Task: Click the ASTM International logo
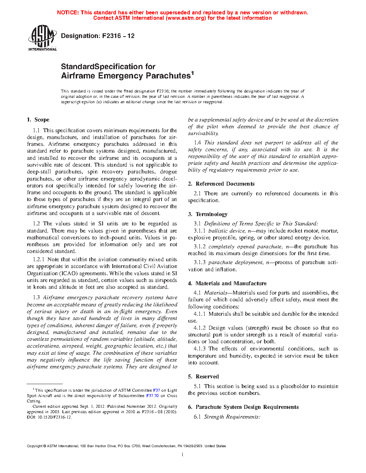click(42, 38)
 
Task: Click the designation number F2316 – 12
click(118, 36)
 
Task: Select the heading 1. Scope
click(38, 120)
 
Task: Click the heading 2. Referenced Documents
click(221, 184)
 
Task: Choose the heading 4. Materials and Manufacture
click(227, 283)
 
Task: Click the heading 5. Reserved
click(203, 377)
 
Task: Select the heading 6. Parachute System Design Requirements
click(243, 407)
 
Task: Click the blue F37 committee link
click(156, 390)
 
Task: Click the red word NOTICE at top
click(68, 13)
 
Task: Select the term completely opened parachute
click(245, 247)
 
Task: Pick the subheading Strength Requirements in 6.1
click(232, 417)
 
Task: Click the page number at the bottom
click(183, 455)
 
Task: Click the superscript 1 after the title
click(192, 73)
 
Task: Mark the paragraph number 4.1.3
click(200, 349)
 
